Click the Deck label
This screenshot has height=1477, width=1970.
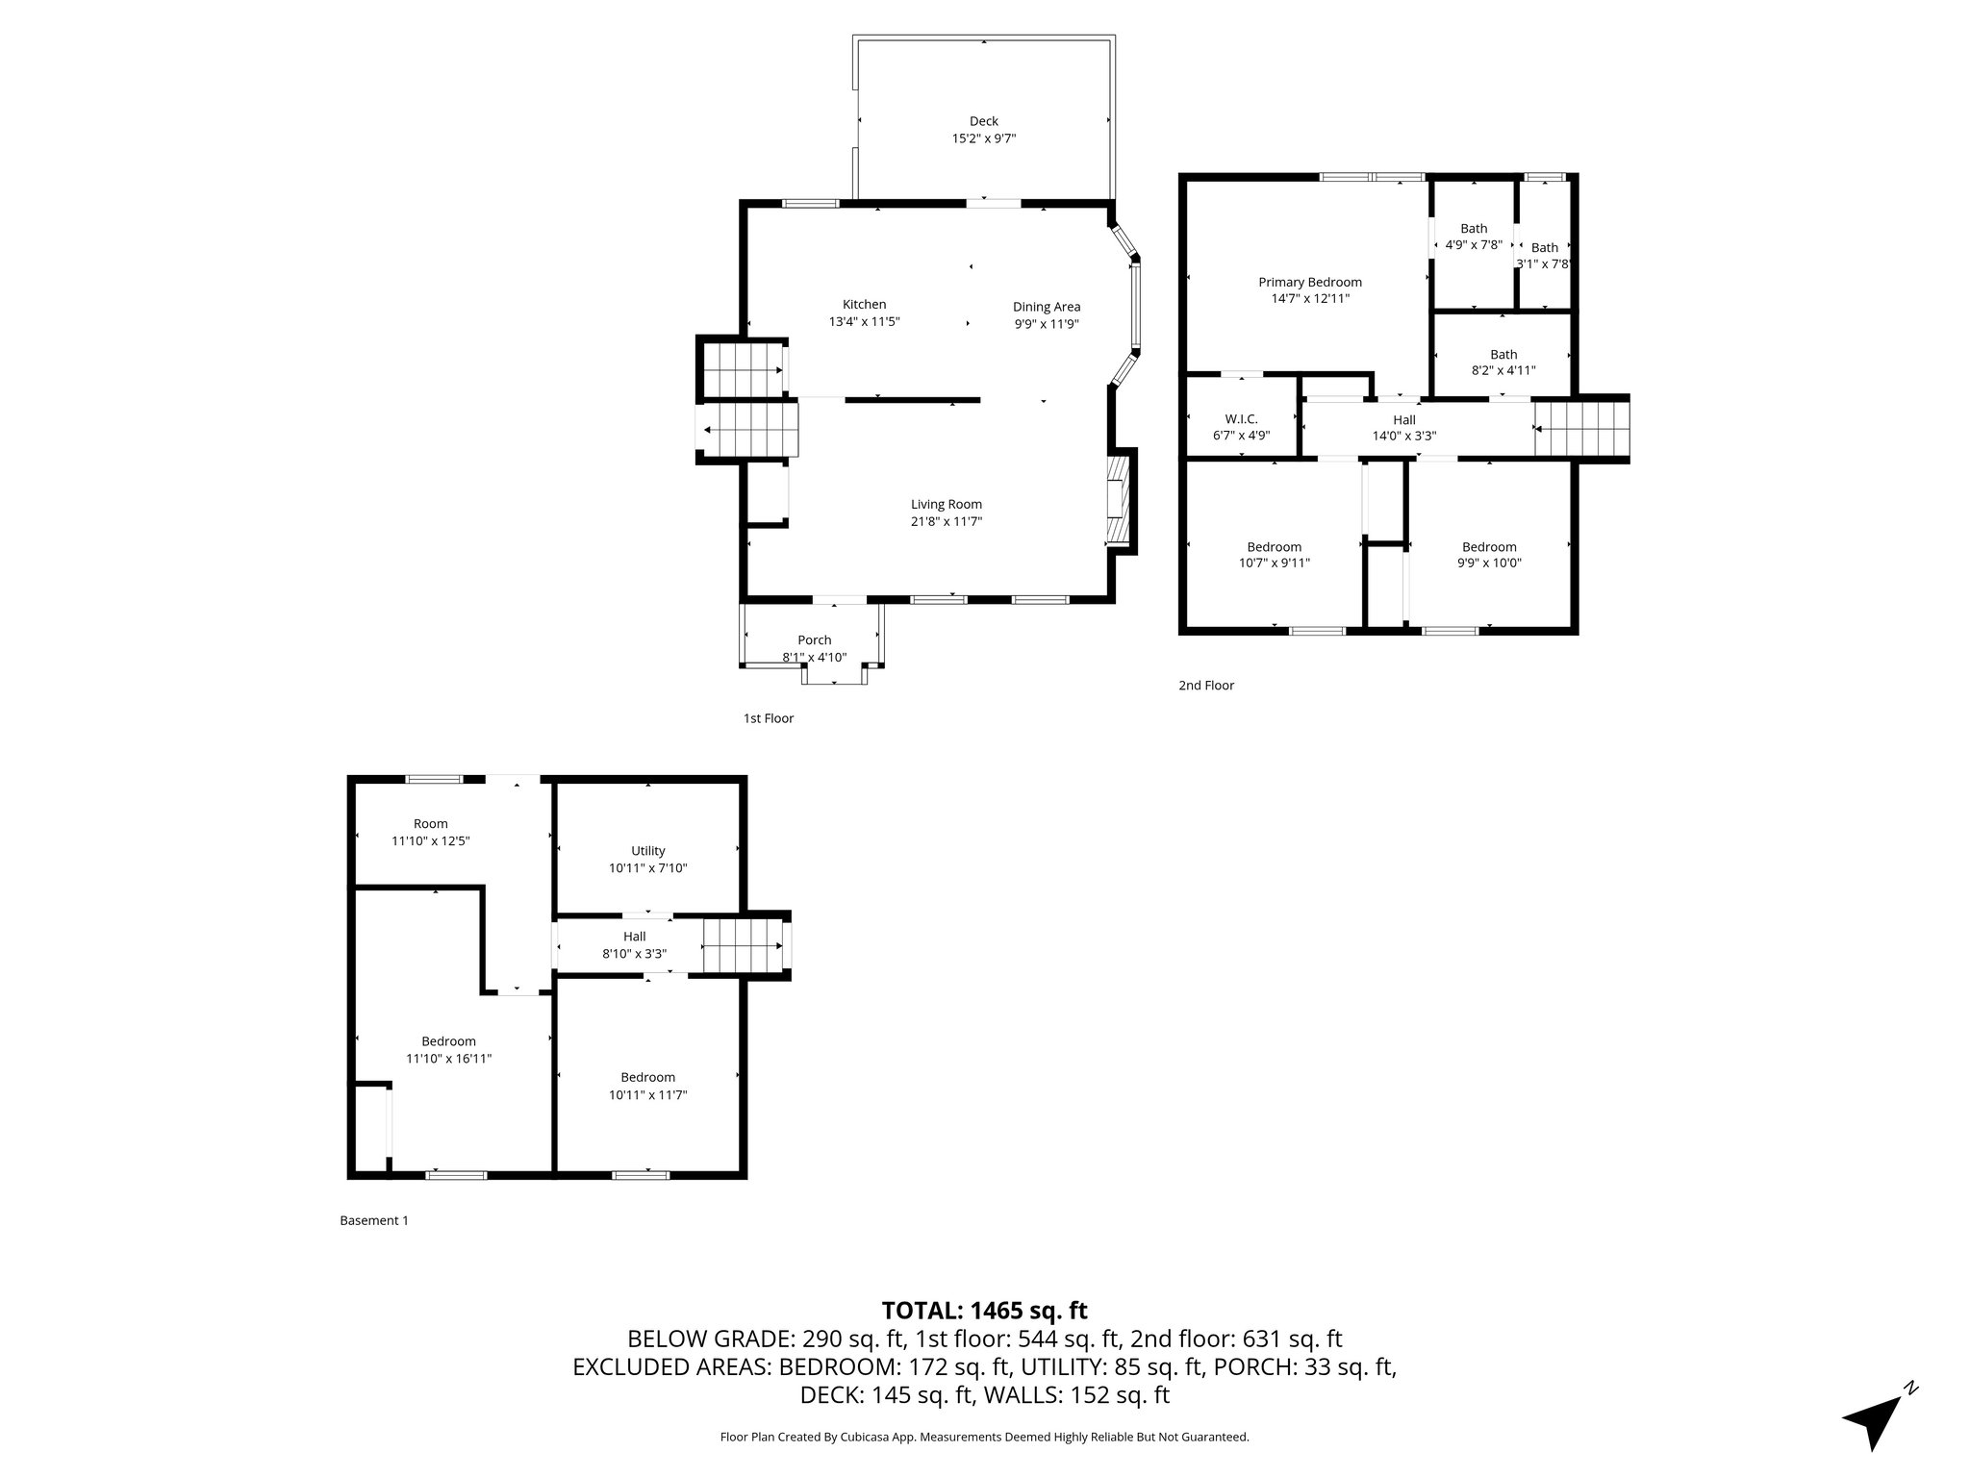click(983, 121)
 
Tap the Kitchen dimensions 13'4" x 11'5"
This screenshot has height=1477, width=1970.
click(864, 322)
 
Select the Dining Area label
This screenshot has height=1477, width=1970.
click(1047, 307)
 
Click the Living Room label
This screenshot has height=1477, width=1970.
click(947, 504)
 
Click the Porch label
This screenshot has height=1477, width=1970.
click(814, 640)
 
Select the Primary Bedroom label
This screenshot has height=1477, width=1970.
click(1310, 282)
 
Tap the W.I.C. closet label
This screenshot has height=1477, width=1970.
click(1241, 418)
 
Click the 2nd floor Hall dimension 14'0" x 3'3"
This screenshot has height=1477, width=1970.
click(1404, 436)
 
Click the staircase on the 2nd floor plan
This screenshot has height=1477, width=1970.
click(1580, 429)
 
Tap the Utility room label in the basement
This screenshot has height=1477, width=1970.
click(647, 851)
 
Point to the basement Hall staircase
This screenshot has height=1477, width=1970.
click(741, 945)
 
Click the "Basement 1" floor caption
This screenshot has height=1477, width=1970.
click(374, 1220)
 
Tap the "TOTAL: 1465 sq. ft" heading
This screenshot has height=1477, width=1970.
click(984, 1311)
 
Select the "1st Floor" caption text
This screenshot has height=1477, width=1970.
click(768, 718)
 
